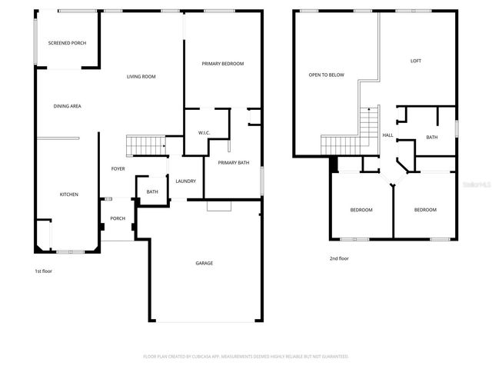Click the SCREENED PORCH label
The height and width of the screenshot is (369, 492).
(x=67, y=43)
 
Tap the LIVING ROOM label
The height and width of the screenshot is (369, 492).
(x=141, y=76)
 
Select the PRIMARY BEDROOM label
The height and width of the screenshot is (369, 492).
(x=223, y=64)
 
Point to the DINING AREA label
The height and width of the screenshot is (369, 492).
(x=68, y=106)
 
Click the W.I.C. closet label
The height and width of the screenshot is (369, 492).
(x=204, y=133)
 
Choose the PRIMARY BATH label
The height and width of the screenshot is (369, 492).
(x=233, y=163)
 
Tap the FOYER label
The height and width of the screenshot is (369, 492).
(x=118, y=168)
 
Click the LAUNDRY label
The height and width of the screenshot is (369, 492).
(x=185, y=181)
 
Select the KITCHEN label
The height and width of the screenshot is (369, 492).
(x=69, y=194)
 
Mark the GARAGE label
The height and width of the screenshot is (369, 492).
(x=204, y=264)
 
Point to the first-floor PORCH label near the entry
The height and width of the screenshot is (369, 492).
(x=118, y=218)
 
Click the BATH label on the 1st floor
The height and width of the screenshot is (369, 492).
(x=152, y=191)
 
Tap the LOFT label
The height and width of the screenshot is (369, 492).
(x=416, y=61)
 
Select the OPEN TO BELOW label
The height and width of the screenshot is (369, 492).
(x=327, y=75)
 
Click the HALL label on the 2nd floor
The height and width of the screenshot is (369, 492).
(x=388, y=135)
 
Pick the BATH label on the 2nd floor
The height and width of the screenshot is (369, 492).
(x=431, y=138)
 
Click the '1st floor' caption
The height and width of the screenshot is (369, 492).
(x=44, y=271)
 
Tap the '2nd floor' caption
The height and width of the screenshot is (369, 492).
(x=339, y=259)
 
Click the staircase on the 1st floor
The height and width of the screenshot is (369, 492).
(x=146, y=145)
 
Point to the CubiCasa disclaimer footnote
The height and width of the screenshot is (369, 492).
(x=246, y=357)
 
